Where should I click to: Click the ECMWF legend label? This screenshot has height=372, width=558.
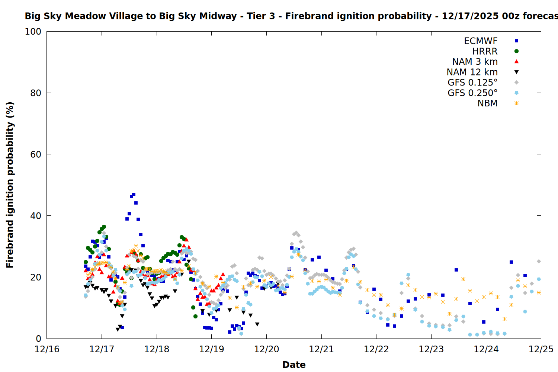481,41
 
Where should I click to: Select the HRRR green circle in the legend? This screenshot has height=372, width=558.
516,51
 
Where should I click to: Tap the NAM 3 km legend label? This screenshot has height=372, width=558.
475,62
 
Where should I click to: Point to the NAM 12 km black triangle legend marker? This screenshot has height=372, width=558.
516,72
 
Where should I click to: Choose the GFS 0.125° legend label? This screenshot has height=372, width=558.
472,83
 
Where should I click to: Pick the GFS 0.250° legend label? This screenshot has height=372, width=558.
472,93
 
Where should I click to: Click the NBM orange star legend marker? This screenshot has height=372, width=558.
516,103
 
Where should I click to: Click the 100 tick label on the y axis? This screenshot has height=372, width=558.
33,32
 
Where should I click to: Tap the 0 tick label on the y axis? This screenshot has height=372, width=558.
38,339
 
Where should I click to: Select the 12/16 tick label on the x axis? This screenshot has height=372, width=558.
47,349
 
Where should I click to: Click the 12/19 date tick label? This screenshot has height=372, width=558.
212,349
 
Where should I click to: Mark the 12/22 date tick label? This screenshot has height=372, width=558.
376,349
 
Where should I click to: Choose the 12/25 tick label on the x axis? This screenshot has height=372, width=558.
541,349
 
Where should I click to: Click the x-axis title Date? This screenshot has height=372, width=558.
294,365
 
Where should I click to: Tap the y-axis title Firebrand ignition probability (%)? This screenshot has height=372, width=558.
10,185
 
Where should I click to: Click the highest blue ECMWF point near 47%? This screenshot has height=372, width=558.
134,195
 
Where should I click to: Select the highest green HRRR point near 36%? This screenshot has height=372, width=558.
104,227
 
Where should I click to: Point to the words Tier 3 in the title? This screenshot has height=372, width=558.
260,16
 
